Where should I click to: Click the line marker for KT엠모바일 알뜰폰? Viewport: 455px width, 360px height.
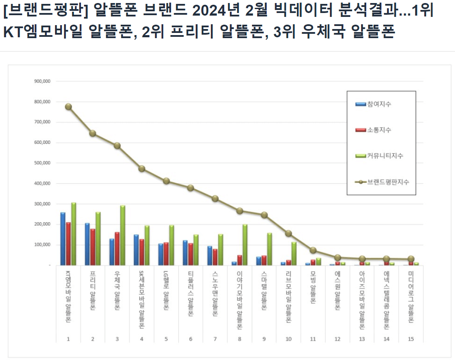click(68, 107)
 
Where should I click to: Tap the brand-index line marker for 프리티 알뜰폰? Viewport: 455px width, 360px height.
click(93, 133)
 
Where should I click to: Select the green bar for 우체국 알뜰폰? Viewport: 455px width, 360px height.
click(123, 235)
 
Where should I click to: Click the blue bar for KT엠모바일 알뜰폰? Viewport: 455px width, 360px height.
click(63, 239)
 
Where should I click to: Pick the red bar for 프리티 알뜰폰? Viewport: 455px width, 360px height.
click(93, 247)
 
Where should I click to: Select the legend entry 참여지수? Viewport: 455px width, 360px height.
click(379, 104)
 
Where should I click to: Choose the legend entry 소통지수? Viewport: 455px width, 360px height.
click(379, 130)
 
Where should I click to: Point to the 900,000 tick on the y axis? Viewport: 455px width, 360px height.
click(42, 81)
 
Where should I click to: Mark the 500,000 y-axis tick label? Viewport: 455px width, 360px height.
click(42, 163)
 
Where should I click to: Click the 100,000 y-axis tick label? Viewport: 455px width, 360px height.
click(42, 245)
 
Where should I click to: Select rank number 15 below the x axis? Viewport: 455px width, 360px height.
click(411, 339)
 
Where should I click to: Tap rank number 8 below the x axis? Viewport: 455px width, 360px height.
click(239, 339)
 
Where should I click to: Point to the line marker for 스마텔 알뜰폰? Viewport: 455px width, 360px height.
click(264, 215)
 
